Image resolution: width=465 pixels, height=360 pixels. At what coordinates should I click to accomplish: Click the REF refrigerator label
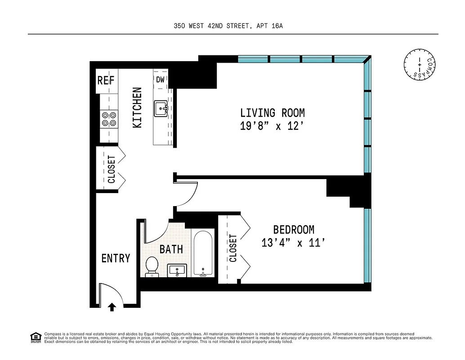tap(106, 81)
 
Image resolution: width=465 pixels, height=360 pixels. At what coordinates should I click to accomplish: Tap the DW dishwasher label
tap(161, 80)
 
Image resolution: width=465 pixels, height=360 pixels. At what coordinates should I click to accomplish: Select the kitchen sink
tap(161, 108)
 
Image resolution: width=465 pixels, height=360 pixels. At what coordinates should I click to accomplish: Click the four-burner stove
tap(109, 118)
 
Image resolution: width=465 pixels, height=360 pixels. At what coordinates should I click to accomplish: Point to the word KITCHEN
tap(137, 108)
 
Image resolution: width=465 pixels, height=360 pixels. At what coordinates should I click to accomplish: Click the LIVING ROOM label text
tap(272, 112)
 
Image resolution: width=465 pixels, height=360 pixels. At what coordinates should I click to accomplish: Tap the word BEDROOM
tap(294, 229)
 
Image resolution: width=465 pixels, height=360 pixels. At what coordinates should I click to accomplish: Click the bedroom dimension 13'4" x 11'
tap(293, 243)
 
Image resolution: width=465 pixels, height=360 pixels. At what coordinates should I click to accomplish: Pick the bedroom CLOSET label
tap(233, 248)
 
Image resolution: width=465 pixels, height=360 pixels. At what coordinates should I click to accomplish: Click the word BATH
tap(171, 249)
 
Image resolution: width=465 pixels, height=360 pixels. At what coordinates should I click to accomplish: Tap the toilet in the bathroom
tap(152, 266)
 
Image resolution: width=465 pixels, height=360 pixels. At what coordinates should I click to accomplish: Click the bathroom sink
tap(177, 271)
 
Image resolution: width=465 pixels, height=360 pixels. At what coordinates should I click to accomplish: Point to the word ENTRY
tap(116, 258)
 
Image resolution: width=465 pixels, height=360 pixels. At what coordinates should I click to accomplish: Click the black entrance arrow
tap(112, 307)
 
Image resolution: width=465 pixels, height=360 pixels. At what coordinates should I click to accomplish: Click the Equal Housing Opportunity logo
tap(35, 337)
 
